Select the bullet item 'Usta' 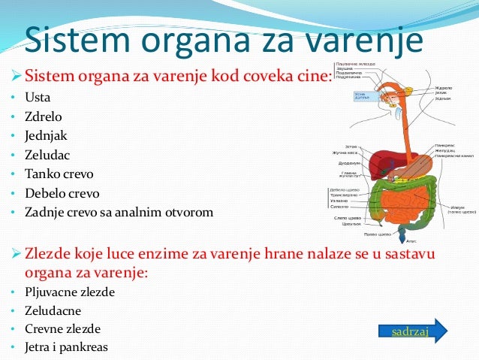click(x=38, y=98)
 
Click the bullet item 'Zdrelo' click(x=42, y=116)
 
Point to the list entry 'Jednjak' click(x=46, y=136)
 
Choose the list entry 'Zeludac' click(x=47, y=155)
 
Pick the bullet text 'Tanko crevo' click(x=56, y=174)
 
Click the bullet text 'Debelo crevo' click(x=60, y=194)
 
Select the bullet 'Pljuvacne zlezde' click(x=70, y=292)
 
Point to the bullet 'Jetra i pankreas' click(x=66, y=347)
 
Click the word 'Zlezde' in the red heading click(x=51, y=253)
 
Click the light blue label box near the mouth click(x=366, y=95)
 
